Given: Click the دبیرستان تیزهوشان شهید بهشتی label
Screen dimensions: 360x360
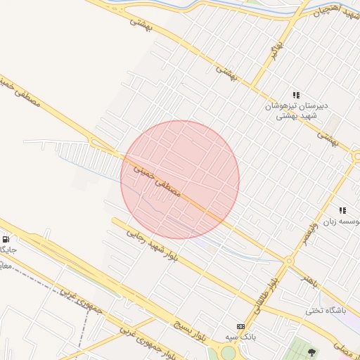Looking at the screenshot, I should tap(297, 110).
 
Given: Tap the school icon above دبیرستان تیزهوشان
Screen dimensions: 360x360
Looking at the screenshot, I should tap(296, 95).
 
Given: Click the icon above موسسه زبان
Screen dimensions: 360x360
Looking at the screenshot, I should tap(342, 210).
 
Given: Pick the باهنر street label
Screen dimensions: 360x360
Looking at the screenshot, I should tap(310, 279).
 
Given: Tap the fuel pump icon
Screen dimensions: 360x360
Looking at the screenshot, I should tap(6, 239).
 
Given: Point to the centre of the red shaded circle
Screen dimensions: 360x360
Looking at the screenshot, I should tap(180, 180).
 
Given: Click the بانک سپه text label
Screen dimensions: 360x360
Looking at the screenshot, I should tap(240, 337).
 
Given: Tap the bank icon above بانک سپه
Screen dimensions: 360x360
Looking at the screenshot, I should tap(241, 326).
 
